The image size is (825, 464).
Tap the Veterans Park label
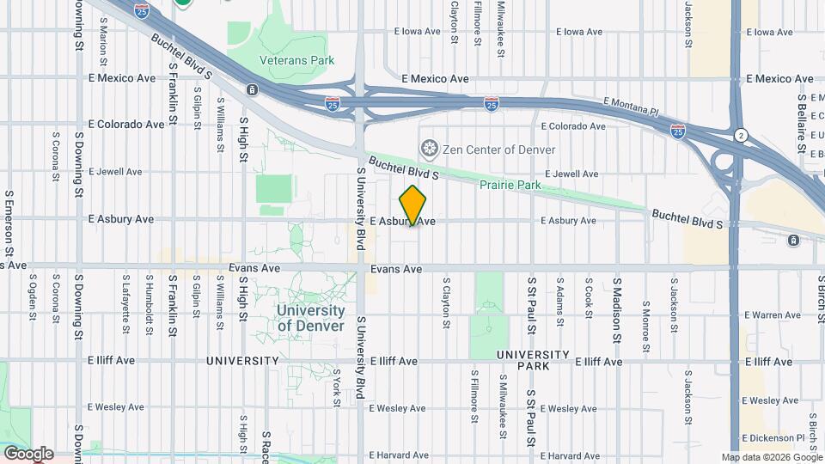pos(296,61)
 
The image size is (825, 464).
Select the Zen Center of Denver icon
pos(428,150)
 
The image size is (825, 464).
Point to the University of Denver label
pos(311,318)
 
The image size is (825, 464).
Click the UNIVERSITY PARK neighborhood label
pos(533,360)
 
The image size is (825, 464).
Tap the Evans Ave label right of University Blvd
pos(396,269)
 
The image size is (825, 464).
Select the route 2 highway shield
pos(740,136)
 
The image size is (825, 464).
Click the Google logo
pos(27,453)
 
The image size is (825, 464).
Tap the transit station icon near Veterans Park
pos(252,89)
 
